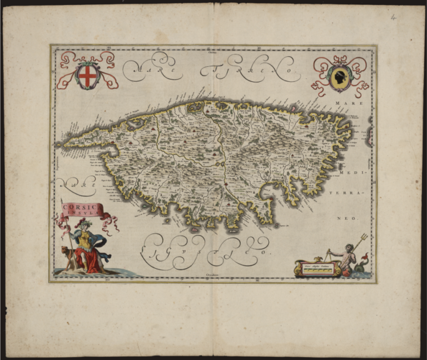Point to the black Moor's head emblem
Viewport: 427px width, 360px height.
click(x=340, y=77)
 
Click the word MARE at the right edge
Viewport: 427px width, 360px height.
click(x=356, y=103)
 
